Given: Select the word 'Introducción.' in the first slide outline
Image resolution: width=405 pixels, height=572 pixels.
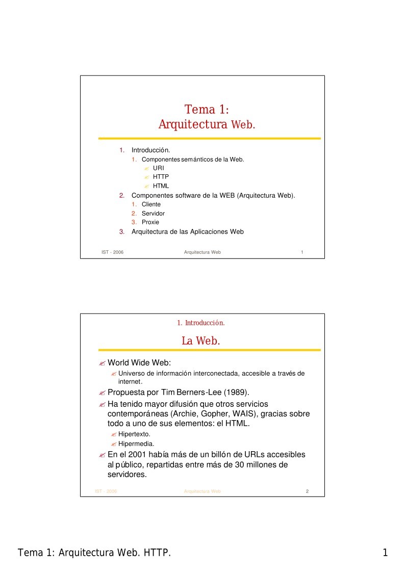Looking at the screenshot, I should point(150,150).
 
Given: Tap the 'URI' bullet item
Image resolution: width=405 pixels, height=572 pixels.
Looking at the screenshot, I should point(158,168).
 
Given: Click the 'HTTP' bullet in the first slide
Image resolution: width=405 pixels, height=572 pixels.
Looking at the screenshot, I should point(161,177).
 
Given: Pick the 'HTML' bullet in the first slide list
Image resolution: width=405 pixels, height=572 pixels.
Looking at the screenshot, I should point(161,186).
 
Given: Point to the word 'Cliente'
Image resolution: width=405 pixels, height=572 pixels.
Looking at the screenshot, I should point(151,204).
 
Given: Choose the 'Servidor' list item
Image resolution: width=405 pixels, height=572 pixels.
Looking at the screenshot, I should point(153,214).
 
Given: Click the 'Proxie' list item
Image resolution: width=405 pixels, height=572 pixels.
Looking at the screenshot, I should point(150,222).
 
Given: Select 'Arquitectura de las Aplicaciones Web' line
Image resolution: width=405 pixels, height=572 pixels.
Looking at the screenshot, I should point(188,231).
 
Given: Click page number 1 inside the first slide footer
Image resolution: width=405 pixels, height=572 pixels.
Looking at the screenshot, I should point(302,252).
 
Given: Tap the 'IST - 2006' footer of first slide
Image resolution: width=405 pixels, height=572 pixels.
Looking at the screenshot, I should point(113,252).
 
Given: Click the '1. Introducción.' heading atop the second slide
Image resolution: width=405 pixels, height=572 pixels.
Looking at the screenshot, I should point(201,323).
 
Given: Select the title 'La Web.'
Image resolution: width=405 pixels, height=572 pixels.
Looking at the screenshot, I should point(201,341).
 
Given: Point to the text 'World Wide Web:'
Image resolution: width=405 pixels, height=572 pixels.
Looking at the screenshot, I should point(139,363).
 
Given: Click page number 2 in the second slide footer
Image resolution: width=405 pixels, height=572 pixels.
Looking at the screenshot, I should point(307,491).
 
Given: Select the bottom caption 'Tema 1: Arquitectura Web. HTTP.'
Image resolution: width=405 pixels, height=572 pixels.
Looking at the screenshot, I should point(94,553).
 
